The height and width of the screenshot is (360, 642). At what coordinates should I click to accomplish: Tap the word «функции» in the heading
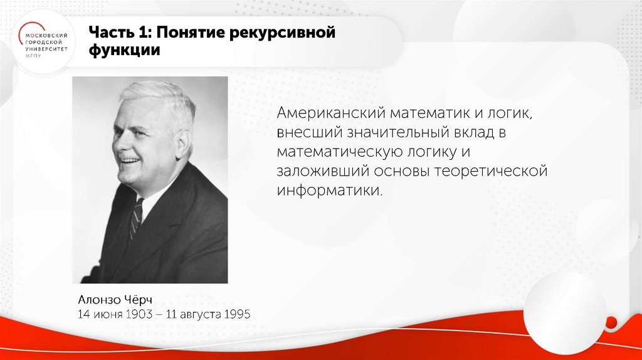pos(124,51)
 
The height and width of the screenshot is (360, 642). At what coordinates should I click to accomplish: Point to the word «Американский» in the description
pos(330,114)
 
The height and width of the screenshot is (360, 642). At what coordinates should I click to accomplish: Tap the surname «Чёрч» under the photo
pos(137,298)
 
